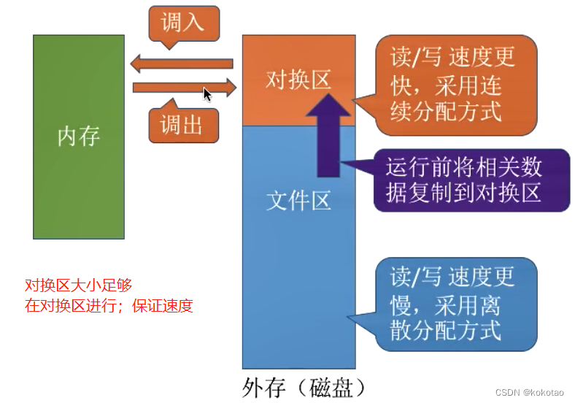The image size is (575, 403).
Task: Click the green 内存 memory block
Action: [78, 183]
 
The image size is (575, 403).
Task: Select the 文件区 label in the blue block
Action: [298, 199]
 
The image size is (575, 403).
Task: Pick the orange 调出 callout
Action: [182, 126]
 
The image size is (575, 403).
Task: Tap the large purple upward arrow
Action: [329, 135]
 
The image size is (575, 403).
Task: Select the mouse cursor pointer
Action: [207, 94]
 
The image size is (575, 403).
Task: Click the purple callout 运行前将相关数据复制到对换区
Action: [471, 180]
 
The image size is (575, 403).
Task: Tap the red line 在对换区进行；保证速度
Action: [109, 305]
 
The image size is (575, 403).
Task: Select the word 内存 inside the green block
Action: [78, 137]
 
